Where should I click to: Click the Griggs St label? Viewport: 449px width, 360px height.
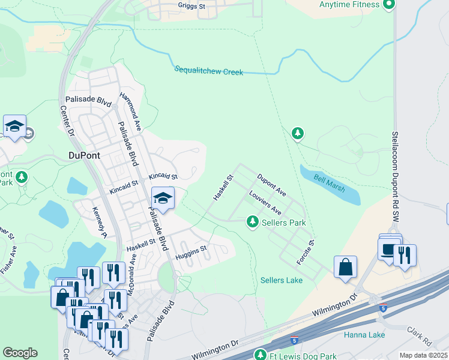[x=192, y=5]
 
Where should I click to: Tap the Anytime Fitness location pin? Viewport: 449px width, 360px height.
[x=388, y=5]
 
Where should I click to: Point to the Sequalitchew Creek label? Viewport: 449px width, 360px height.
[x=209, y=71]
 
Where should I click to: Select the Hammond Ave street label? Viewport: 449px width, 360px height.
[x=130, y=112]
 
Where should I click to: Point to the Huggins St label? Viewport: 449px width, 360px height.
[x=191, y=253]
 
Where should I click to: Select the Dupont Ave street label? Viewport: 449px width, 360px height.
[x=271, y=185]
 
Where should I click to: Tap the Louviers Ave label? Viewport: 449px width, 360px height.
[x=265, y=203]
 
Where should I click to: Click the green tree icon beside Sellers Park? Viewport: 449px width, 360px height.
[x=253, y=223]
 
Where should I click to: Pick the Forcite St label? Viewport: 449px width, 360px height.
[x=306, y=254]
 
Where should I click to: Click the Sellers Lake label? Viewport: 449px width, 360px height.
[x=282, y=280]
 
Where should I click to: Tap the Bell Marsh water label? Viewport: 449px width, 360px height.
[x=329, y=184]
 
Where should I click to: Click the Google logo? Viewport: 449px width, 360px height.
[x=20, y=353]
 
